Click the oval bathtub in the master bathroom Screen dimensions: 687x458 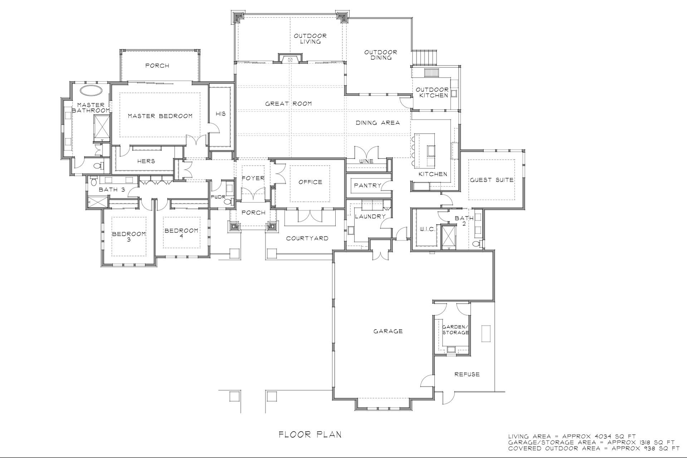click(90, 90)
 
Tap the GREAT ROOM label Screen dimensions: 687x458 click(288, 104)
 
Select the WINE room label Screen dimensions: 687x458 click(366, 161)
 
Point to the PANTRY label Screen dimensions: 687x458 click(367, 185)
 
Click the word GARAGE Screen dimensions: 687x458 click(388, 331)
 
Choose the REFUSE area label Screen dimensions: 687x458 click(467, 374)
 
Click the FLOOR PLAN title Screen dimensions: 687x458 click(310, 435)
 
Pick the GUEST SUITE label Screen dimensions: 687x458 click(492, 180)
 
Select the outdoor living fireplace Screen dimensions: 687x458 click(290, 58)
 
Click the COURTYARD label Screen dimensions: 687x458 click(307, 238)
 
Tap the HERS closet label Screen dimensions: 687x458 click(146, 161)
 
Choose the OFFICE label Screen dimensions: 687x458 click(310, 182)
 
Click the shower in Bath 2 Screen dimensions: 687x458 click(449, 237)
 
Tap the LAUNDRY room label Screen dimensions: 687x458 click(370, 216)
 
